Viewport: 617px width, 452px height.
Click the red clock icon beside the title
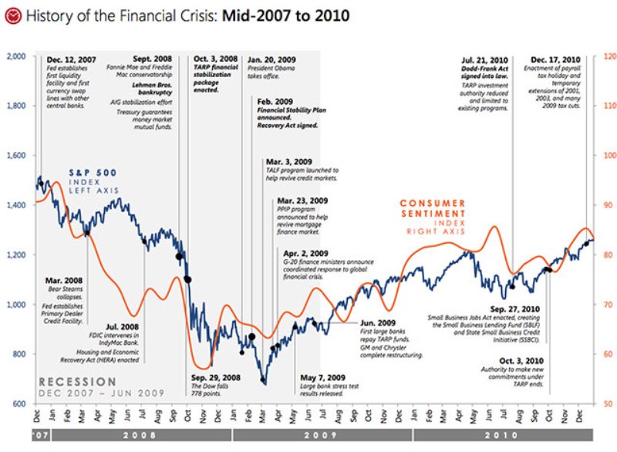pyautogui.click(x=12, y=15)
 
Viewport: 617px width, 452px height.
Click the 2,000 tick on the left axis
pyautogui.click(x=17, y=56)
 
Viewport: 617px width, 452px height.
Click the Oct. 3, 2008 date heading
pyautogui.click(x=216, y=59)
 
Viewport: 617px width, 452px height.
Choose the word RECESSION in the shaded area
pyautogui.click(x=78, y=382)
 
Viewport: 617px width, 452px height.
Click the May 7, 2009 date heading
pyautogui.click(x=322, y=377)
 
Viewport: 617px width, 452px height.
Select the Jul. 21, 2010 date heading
pyautogui.click(x=485, y=59)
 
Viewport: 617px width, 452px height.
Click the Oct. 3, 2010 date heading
pyautogui.click(x=521, y=360)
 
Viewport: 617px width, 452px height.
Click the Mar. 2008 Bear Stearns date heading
pyautogui.click(x=63, y=282)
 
